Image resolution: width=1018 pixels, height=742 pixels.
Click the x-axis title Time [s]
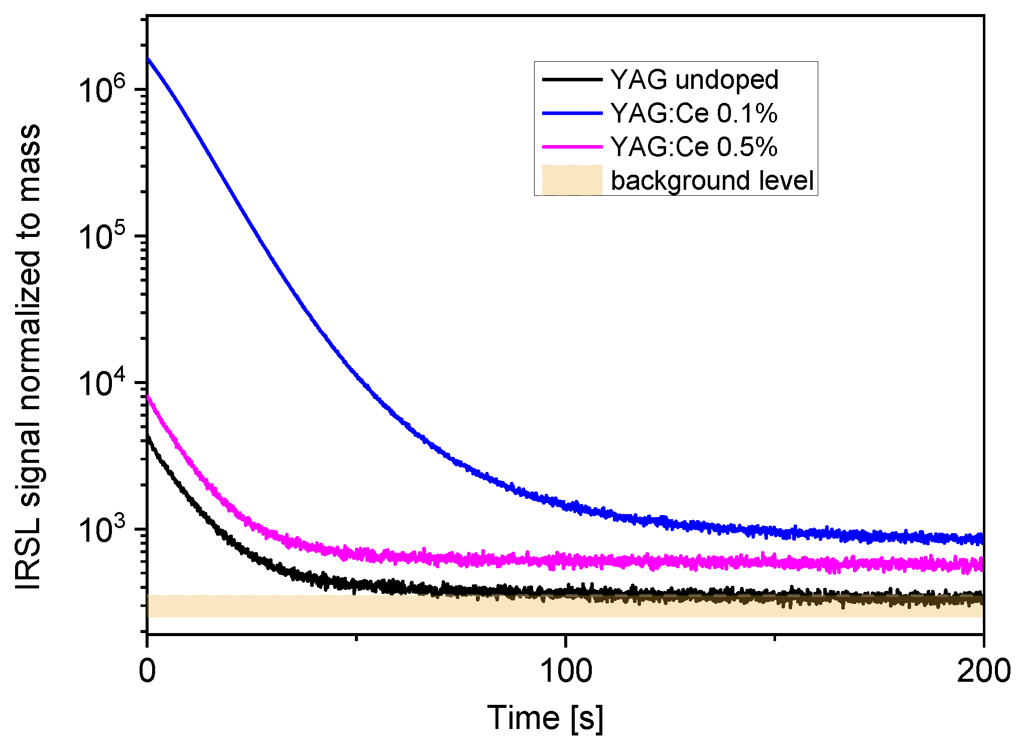(x=545, y=718)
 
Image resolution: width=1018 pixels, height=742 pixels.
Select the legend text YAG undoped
(x=694, y=80)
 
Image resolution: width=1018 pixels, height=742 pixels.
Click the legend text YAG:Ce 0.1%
(x=694, y=113)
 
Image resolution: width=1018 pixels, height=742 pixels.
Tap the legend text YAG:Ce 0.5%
(x=694, y=147)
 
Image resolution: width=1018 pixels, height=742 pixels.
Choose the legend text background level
(x=712, y=180)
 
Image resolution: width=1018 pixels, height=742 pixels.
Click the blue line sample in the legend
(x=572, y=113)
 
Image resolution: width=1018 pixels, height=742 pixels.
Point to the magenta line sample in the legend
(x=572, y=147)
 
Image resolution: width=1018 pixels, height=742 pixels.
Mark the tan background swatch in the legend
(x=572, y=180)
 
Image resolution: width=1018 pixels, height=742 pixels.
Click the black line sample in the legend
(x=572, y=80)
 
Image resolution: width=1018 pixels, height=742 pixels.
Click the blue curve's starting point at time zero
(x=148, y=59)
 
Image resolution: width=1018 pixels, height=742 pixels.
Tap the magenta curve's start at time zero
(x=148, y=397)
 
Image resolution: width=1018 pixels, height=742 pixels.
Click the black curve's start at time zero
(x=148, y=437)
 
